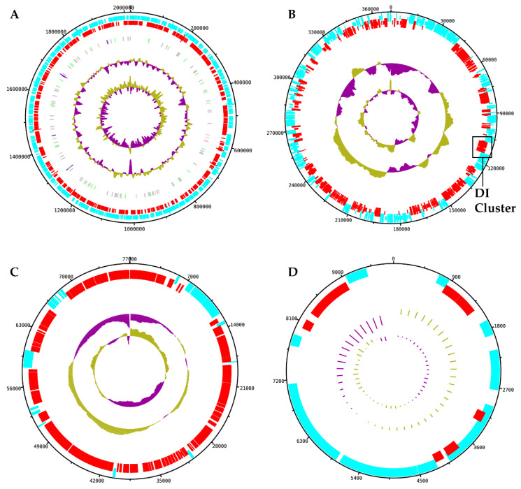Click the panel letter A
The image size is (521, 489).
coord(15,14)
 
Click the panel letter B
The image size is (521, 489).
coord(271,14)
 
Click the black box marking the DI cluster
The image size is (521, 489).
coord(482,147)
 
